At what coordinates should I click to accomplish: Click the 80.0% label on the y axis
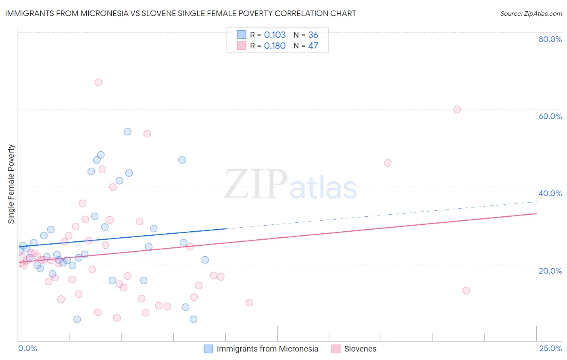click(550, 39)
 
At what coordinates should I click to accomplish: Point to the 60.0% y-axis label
click(550, 116)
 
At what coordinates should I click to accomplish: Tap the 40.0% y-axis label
click(550, 193)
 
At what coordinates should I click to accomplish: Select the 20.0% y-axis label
click(550, 270)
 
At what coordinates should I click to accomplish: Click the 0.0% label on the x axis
click(27, 348)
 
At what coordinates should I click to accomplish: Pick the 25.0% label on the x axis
click(550, 348)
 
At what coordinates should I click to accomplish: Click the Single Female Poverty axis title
click(11, 184)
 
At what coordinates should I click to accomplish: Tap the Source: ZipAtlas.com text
click(531, 13)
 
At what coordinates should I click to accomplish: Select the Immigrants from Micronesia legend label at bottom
click(267, 349)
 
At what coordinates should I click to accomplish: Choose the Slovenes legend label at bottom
click(360, 349)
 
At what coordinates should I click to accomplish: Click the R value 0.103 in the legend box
click(275, 35)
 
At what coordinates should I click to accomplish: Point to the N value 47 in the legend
click(313, 46)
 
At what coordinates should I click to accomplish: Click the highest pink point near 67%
click(98, 82)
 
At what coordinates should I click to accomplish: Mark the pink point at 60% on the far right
click(457, 109)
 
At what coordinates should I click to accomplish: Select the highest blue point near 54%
click(127, 132)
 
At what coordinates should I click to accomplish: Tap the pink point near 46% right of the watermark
click(388, 163)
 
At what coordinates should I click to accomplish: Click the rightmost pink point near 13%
click(466, 291)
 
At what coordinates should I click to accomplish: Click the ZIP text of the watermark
click(256, 185)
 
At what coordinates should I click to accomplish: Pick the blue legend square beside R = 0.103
click(242, 35)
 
